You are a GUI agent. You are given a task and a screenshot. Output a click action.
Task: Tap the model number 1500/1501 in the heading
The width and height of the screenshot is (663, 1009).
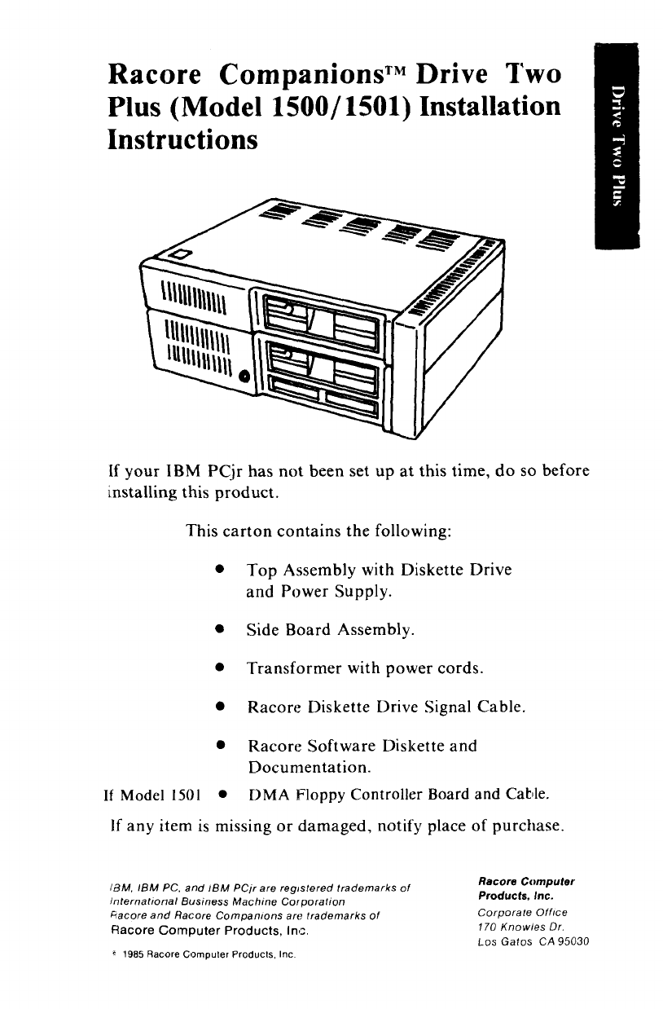pos(350,108)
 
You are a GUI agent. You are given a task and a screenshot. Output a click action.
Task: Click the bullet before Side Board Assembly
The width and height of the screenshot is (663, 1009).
pos(220,630)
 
